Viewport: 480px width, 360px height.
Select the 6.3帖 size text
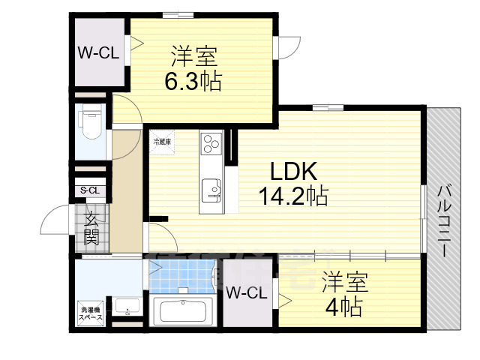(193, 80)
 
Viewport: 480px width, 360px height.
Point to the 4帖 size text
(344, 307)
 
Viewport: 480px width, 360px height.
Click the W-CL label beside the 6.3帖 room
(98, 53)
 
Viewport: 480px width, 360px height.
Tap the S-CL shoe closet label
(90, 190)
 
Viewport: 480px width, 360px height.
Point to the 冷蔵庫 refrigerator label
(162, 142)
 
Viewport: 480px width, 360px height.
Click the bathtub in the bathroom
(182, 311)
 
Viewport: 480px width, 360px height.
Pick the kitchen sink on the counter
(211, 190)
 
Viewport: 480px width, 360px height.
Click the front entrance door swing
(58, 220)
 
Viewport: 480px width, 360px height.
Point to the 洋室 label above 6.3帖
(194, 56)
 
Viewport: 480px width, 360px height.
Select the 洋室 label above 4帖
(345, 283)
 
